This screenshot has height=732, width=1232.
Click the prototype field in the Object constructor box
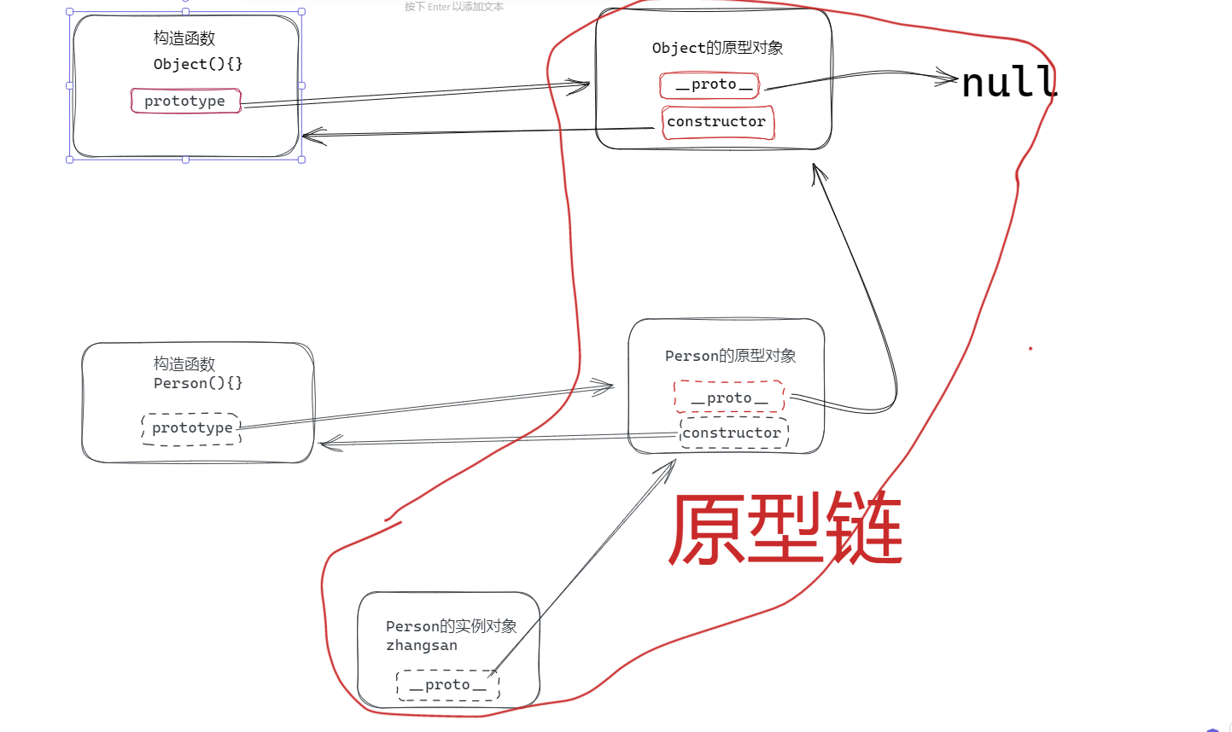tap(185, 101)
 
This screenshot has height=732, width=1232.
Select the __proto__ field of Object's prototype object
tap(714, 84)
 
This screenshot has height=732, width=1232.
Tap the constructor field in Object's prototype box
tap(716, 122)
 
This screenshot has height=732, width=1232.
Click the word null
tap(1009, 82)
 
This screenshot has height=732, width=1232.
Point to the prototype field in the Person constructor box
tap(192, 427)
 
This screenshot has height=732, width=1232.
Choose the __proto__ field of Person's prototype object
tap(729, 398)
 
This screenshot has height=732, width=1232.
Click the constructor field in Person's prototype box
tap(732, 433)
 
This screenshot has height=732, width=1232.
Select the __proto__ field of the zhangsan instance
tap(447, 685)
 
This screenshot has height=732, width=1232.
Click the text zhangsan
tap(422, 646)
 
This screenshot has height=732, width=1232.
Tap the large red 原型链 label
tap(785, 529)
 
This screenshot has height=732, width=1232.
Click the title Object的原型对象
tap(717, 48)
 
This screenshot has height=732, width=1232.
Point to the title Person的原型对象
tap(730, 356)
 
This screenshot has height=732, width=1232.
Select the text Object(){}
tap(198, 64)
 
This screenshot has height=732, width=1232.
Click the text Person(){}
tap(198, 383)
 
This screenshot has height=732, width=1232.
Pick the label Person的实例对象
tap(451, 626)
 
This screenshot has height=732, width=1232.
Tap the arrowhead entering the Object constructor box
tap(311, 135)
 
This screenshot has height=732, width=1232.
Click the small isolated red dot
tap(1031, 348)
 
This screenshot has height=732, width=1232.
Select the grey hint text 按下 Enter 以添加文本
tap(453, 7)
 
